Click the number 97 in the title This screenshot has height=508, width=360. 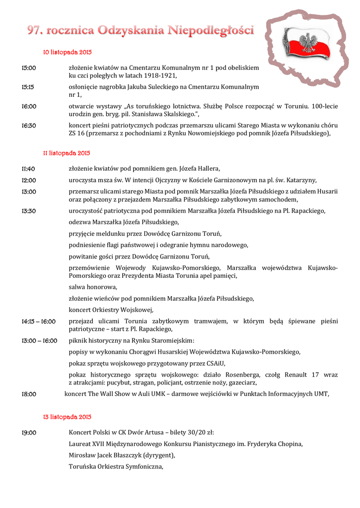point(34,31)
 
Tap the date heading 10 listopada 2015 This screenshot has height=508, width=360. point(67,52)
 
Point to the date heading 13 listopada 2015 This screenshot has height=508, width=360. point(67,417)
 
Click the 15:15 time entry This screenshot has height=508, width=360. point(28,86)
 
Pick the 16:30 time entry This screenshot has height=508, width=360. point(28,126)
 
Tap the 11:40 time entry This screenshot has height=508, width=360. point(28,169)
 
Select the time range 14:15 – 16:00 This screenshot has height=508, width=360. point(38,321)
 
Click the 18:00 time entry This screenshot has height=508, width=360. point(28,394)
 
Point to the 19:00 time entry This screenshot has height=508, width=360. point(28,433)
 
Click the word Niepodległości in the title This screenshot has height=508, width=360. point(212,31)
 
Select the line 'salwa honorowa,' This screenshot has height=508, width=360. point(93,287)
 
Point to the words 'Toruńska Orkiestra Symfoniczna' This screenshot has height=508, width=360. point(115,466)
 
